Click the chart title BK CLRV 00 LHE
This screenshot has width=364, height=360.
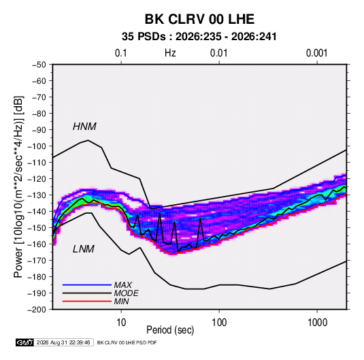click(x=199, y=19)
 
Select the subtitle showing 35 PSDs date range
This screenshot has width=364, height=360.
click(x=199, y=37)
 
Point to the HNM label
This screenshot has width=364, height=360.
click(x=84, y=127)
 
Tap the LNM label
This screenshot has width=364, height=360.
click(x=84, y=249)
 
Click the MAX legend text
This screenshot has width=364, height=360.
click(x=123, y=284)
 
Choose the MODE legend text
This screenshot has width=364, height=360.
click(x=127, y=293)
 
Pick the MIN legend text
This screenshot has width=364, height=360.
click(x=121, y=301)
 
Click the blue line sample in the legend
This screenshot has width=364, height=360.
click(x=87, y=284)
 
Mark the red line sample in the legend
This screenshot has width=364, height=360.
click(x=87, y=301)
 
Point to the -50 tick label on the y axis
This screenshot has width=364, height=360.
click(x=39, y=65)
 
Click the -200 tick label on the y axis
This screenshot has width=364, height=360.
click(x=37, y=310)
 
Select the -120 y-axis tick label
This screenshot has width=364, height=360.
click(x=37, y=179)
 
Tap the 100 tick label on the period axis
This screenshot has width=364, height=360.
click(x=219, y=323)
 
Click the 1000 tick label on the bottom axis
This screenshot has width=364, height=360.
click(x=317, y=323)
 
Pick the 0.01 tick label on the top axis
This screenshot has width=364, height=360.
click(x=218, y=53)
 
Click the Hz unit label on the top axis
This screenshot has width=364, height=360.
click(x=170, y=53)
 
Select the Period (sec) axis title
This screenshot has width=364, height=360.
click(x=170, y=330)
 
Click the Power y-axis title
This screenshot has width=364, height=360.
click(x=18, y=186)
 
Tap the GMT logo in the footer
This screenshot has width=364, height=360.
click(x=24, y=342)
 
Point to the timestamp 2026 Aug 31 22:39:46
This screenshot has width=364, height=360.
click(x=63, y=342)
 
